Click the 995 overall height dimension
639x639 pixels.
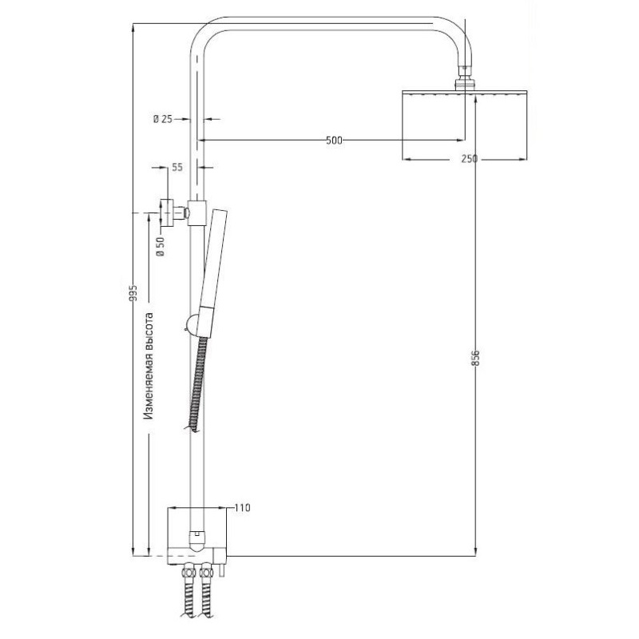[x=133, y=293]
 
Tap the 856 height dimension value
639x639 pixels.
[x=475, y=358]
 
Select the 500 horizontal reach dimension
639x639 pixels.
[x=334, y=141]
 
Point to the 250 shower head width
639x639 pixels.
[x=470, y=158]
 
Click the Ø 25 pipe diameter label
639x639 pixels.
[x=163, y=119]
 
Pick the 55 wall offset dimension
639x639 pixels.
[x=177, y=167]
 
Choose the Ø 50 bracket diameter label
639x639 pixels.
[x=161, y=247]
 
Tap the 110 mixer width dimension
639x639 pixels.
[x=243, y=508]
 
